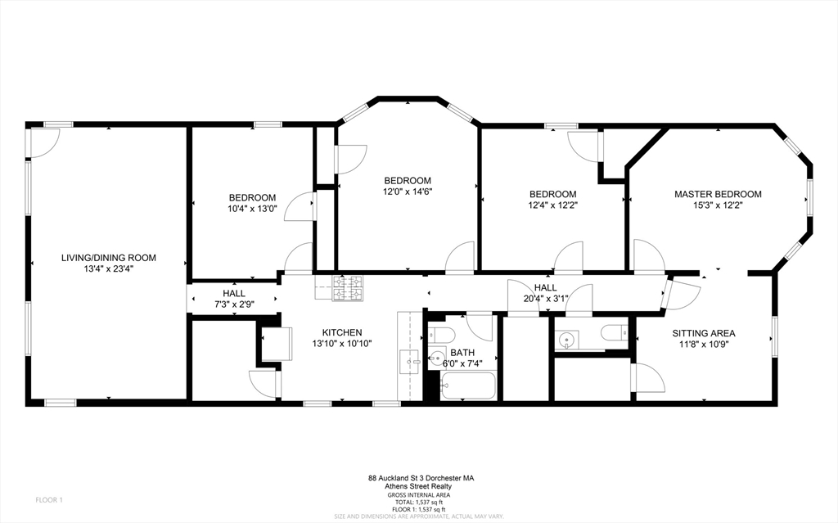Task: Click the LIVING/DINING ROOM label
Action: [x=108, y=258]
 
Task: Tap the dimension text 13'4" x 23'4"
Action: [x=108, y=268]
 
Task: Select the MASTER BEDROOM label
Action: [x=717, y=194]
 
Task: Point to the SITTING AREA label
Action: [x=704, y=333]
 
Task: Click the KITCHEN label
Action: [x=341, y=332]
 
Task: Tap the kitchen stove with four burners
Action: [x=347, y=288]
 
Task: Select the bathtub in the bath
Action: [x=467, y=385]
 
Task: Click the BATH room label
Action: [x=462, y=352]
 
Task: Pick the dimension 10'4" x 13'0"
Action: [x=252, y=209]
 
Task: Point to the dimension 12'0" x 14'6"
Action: [x=408, y=192]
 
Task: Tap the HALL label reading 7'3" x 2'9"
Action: [x=233, y=293]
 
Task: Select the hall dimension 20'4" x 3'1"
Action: [x=545, y=299]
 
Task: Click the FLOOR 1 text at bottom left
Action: [x=49, y=499]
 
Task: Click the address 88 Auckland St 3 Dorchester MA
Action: [x=421, y=478]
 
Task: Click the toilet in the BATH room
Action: [x=442, y=336]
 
